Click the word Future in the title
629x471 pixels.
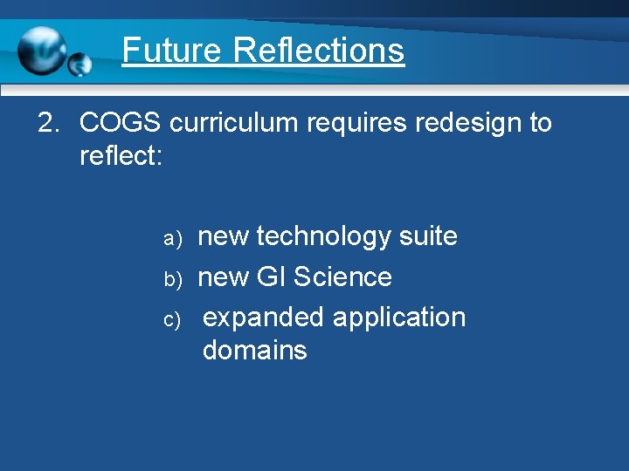(x=172, y=50)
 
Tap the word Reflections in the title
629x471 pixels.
(x=319, y=50)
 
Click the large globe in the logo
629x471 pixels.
(x=41, y=50)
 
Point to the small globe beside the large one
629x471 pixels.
(x=79, y=64)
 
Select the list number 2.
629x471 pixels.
(x=47, y=123)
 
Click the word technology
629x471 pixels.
(x=323, y=236)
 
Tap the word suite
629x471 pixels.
(x=427, y=235)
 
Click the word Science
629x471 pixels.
(x=343, y=276)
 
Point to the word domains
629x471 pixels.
(x=254, y=351)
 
